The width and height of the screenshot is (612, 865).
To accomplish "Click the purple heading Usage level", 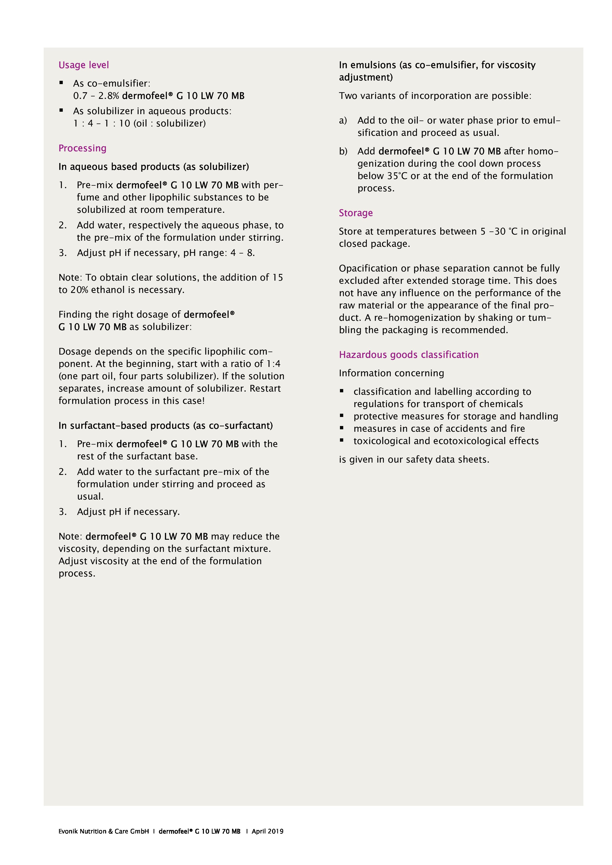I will (x=83, y=65).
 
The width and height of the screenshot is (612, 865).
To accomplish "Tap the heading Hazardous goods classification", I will (x=408, y=355).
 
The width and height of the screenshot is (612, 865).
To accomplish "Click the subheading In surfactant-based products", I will (x=165, y=425).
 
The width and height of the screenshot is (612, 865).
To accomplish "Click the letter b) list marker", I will (x=343, y=151).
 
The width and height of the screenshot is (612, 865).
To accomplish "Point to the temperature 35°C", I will (x=397, y=176).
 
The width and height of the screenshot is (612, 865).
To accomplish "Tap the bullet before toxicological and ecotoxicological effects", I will (x=342, y=440).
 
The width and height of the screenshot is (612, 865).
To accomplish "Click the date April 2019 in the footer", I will (x=267, y=831).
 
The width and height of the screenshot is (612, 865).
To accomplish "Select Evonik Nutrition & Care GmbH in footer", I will (x=103, y=831).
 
